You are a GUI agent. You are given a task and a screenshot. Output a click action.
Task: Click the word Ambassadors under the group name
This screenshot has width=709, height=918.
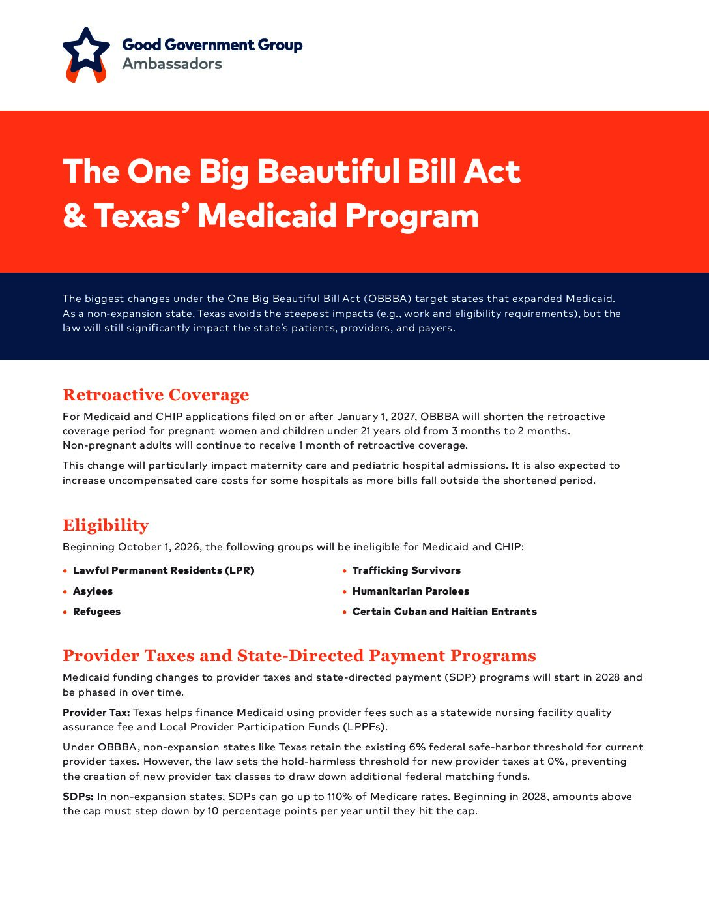tap(172, 64)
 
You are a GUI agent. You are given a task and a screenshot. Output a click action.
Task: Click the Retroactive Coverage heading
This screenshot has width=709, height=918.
tap(156, 395)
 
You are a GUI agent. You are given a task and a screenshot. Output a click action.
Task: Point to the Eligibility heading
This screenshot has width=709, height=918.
tap(106, 526)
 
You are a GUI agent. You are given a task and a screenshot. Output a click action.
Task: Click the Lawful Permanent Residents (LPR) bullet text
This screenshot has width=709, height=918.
tap(164, 570)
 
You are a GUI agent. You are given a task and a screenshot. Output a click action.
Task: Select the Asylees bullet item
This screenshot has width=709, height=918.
tap(93, 591)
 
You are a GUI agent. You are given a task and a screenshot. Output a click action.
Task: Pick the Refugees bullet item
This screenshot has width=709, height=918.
tap(96, 612)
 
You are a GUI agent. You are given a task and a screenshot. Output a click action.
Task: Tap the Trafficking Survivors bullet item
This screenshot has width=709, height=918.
tap(406, 570)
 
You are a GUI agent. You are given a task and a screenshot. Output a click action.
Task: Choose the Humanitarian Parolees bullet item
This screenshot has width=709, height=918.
tap(411, 591)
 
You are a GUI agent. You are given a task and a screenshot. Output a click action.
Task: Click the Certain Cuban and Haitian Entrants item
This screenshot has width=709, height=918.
tap(444, 612)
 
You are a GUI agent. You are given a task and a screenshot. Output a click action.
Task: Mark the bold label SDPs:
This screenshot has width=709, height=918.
tap(78, 797)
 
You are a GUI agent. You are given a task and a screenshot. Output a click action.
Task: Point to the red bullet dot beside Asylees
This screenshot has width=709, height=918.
tap(65, 591)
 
